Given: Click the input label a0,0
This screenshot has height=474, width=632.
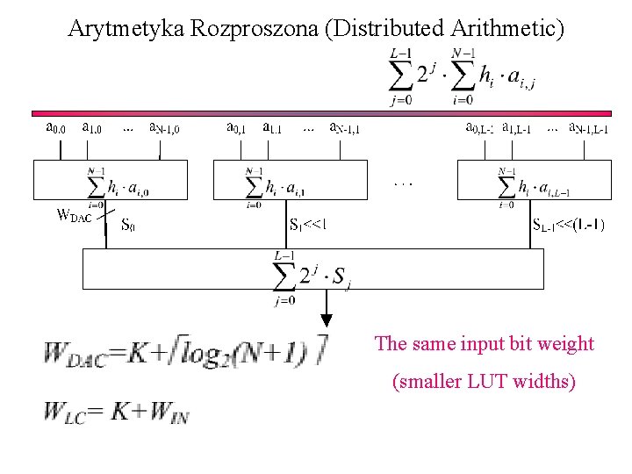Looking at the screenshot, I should click(x=55, y=128).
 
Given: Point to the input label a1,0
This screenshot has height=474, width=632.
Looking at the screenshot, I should click(x=91, y=128).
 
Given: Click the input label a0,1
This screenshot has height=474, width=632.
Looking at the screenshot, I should click(x=236, y=128).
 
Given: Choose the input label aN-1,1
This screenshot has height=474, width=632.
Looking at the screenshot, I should click(x=343, y=129).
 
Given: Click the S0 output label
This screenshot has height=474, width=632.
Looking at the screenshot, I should click(x=128, y=225).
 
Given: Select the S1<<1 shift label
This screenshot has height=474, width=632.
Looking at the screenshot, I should click(x=309, y=225).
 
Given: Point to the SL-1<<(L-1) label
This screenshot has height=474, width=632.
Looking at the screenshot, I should click(x=568, y=225).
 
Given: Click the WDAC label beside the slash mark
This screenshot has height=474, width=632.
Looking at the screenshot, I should click(x=74, y=214).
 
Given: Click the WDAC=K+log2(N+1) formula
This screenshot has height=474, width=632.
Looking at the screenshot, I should click(x=184, y=353).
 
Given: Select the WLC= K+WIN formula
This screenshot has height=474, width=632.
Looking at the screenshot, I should click(x=114, y=410).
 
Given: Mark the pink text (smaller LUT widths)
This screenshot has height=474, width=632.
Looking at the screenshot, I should click(x=484, y=382).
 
